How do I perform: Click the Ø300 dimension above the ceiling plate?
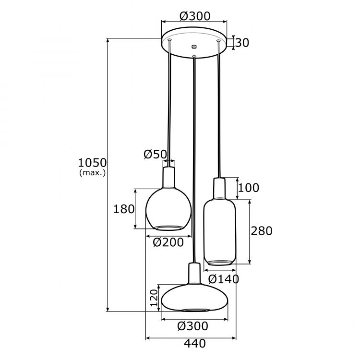pos(194,16)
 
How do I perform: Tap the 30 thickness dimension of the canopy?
pos(242,43)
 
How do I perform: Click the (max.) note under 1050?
pos(92,172)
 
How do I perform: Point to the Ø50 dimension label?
pos(155,154)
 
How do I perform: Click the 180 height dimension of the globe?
pos(124,209)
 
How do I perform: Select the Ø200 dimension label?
pos(168,243)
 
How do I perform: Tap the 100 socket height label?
pos(248,188)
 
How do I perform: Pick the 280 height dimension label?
pos(262,231)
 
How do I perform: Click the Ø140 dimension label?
pos(224,279)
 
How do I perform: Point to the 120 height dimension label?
pos(154,298)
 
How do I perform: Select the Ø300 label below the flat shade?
pos(192,326)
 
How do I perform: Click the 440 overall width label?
pos(194,344)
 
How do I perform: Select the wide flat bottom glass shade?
pos(194,298)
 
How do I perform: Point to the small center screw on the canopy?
pos(194,47)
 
